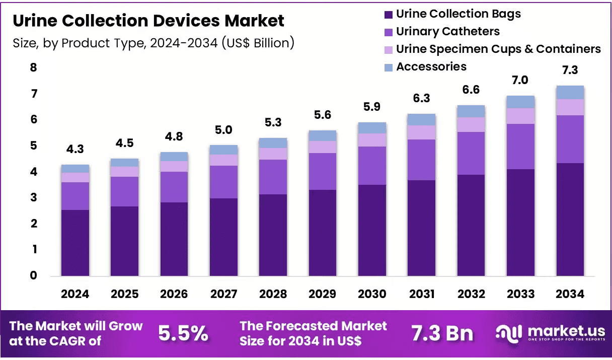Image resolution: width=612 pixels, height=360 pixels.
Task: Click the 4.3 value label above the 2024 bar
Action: click(75, 149)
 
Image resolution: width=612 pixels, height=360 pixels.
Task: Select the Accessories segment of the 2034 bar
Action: click(570, 93)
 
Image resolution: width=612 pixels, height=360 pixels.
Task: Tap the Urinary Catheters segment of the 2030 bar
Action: click(372, 166)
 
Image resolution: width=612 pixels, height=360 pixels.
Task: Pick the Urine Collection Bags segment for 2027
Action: click(224, 237)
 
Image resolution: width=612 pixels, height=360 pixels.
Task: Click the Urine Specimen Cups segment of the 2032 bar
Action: click(471, 125)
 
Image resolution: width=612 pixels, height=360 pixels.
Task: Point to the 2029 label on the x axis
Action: click(323, 294)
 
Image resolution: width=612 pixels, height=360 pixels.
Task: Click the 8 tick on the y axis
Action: click(34, 67)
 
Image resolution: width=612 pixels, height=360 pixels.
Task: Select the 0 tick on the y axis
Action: click(34, 275)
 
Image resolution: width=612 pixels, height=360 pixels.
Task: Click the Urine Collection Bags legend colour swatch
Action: click(389, 15)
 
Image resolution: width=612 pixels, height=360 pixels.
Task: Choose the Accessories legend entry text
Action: click(431, 66)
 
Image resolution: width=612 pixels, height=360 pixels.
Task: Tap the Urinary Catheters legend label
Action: click(448, 31)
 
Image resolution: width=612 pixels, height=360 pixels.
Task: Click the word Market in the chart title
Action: click(254, 21)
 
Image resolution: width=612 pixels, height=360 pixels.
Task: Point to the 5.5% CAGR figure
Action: click(183, 333)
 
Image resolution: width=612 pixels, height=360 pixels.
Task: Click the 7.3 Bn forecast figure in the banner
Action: click(442, 333)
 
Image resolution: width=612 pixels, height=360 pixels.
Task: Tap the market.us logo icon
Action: click(509, 334)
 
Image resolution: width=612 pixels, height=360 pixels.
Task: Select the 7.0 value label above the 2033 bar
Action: click(520, 81)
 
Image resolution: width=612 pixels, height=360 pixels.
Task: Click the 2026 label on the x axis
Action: click(174, 294)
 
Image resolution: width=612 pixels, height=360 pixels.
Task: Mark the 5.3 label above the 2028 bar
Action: click(273, 122)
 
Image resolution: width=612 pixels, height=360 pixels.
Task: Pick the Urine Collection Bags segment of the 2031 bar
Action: click(422, 228)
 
